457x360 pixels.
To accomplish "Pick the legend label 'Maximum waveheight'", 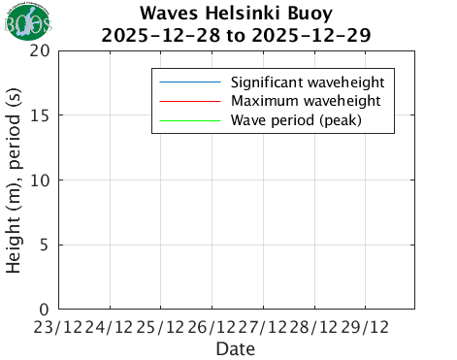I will click(x=305, y=101).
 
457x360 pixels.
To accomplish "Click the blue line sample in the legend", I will click(x=190, y=81).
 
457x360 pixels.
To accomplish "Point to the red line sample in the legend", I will click(x=190, y=101).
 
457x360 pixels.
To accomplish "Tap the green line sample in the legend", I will click(x=190, y=121).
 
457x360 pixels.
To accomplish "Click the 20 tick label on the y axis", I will click(x=39, y=50).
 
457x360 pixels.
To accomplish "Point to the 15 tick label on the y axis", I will click(x=39, y=115).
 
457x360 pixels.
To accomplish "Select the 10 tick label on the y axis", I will click(x=39, y=180).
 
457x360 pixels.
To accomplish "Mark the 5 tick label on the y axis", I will click(x=45, y=245).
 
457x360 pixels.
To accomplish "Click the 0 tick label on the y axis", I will click(x=45, y=309).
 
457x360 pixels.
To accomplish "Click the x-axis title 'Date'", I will click(x=236, y=347).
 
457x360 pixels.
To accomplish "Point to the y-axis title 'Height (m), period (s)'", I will click(x=15, y=180).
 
